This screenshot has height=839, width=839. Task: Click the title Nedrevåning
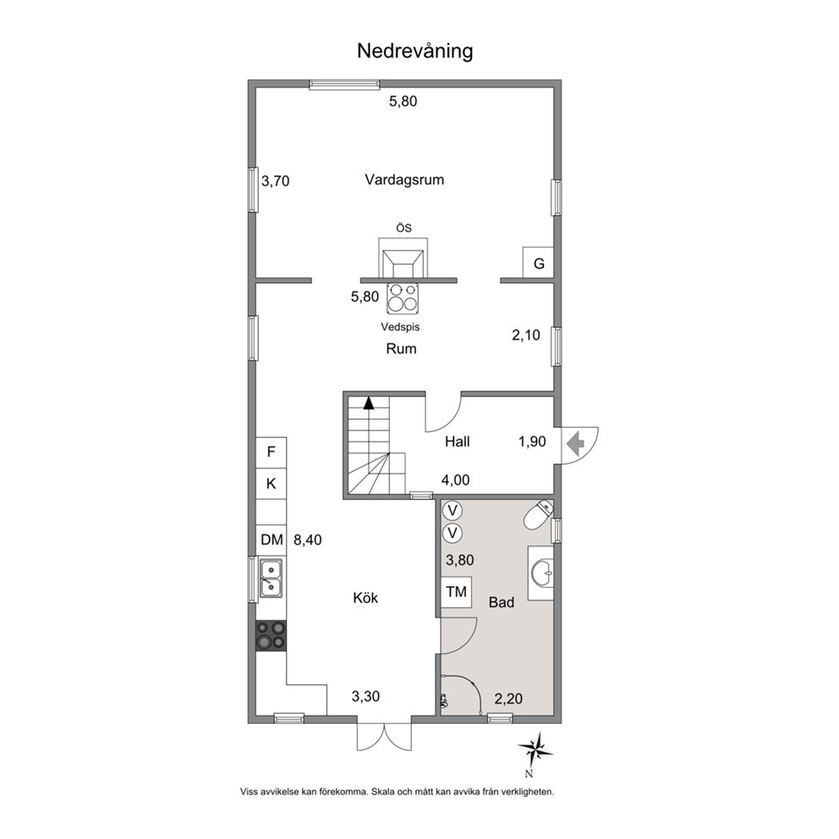[414, 52]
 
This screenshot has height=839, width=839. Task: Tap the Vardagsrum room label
[404, 179]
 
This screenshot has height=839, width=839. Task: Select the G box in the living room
[538, 263]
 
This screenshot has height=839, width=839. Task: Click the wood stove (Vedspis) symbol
[403, 299]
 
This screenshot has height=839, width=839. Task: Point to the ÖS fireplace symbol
[403, 257]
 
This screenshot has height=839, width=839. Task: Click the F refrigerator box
[271, 452]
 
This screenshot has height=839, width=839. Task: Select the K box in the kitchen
[271, 484]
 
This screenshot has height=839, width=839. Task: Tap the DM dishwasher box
[271, 540]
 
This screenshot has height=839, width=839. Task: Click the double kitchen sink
[271, 578]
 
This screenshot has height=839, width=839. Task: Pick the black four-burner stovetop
[271, 636]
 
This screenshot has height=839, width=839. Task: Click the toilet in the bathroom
[538, 515]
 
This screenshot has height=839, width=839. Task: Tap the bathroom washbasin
[541, 573]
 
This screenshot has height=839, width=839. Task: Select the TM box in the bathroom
[457, 592]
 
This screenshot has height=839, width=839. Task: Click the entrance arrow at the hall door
[575, 442]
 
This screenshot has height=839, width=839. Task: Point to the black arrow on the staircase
[369, 403]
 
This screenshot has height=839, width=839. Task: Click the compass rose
[535, 750]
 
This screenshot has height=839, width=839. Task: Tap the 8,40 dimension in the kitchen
[308, 540]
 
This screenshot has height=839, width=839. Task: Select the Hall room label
[458, 441]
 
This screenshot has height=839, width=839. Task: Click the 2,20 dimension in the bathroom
[508, 699]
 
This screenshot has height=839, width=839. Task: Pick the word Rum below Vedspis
[401, 348]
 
